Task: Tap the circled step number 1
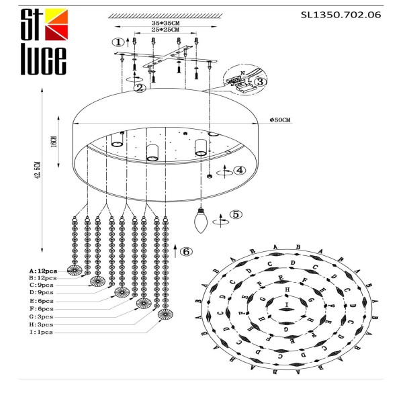click(x=118, y=42)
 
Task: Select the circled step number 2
click(x=139, y=88)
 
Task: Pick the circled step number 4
click(x=240, y=170)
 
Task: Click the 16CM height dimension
click(x=53, y=142)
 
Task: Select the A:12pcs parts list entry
click(x=38, y=269)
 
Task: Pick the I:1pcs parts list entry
click(x=36, y=332)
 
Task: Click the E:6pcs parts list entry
click(x=38, y=300)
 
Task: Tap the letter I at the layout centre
click(x=287, y=304)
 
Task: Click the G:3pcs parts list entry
click(x=38, y=316)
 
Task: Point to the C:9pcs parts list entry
click(x=38, y=285)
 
